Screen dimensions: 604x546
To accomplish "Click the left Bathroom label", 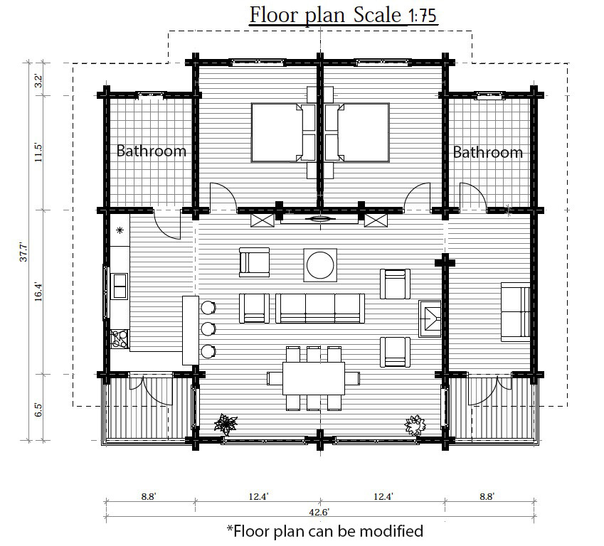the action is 152,151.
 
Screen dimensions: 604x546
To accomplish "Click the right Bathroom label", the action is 487,152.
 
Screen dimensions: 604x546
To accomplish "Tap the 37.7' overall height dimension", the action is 23,252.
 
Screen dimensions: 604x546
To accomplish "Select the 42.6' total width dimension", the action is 319,512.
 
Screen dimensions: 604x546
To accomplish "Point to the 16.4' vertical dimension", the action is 38,291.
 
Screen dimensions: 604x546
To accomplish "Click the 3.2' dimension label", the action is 38,80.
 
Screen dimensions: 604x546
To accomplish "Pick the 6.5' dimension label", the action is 38,409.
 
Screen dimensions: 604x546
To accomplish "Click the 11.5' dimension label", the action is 38,152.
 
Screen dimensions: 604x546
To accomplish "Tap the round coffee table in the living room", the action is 320,265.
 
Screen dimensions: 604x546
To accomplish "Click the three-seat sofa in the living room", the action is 320,308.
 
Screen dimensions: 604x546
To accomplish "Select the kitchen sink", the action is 120,286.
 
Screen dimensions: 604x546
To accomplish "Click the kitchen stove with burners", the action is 120,339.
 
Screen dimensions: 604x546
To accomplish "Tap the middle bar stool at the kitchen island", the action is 208,329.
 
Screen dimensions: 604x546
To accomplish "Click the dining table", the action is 314,378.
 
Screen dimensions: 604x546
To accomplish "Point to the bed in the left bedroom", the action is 277,132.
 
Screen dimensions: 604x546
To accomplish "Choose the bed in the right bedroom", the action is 364,132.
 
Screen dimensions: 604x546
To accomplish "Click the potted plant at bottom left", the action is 226,424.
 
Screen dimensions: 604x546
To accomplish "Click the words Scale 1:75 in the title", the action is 395,15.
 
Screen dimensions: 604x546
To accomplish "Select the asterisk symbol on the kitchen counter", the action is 120,230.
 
